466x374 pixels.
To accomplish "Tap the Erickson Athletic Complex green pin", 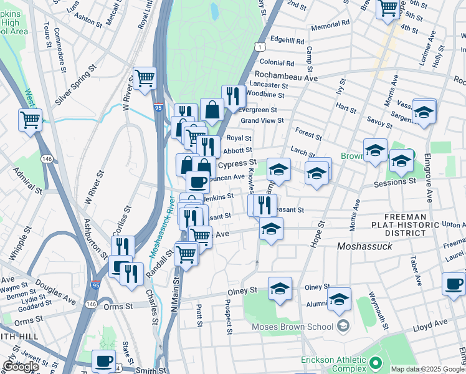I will coord(375,362).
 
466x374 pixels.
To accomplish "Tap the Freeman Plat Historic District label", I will coord(399,224).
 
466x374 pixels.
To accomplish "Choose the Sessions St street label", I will coord(394,181).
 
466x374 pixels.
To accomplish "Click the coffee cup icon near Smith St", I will coord(104,360).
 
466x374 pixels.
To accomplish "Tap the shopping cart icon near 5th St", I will coord(388,7).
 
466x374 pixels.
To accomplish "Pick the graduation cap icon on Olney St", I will coord(280,289).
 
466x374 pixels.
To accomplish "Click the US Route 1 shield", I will coord(259,47).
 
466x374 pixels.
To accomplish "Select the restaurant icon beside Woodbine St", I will coord(233,96).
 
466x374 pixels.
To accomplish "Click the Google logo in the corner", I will coord(20,367).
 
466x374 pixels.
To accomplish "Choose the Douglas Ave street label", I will coord(57,290).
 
